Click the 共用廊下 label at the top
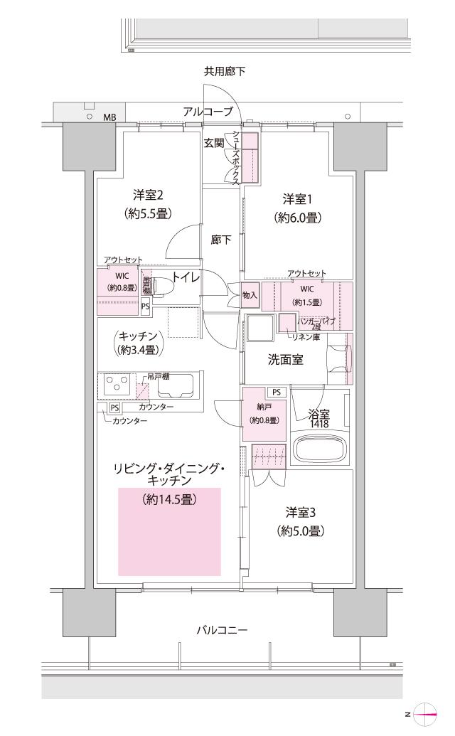point(225,71)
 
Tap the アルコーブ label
point(208,112)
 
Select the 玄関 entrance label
point(213,143)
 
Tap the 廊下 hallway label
point(221,240)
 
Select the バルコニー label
point(222,630)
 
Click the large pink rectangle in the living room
point(169,531)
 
